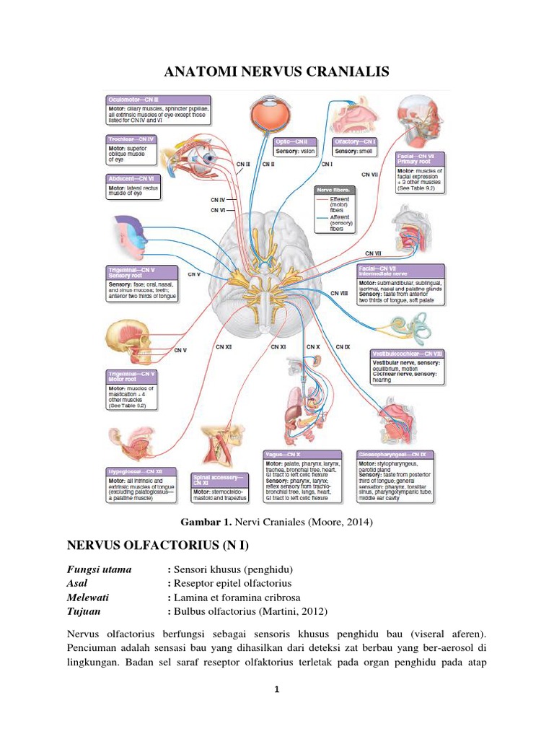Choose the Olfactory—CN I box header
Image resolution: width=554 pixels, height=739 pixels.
(x=354, y=142)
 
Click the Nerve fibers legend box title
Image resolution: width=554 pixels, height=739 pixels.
(x=333, y=189)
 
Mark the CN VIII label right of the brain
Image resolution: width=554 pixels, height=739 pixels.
(x=339, y=293)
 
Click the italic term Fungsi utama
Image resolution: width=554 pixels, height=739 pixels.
(x=100, y=569)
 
